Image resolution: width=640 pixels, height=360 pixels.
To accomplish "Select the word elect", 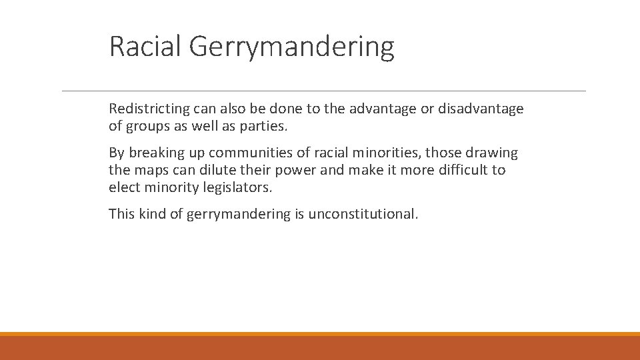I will point(124,187).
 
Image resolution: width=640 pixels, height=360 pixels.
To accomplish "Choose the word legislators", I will point(237,187).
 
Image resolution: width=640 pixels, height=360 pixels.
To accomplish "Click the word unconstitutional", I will point(363,214).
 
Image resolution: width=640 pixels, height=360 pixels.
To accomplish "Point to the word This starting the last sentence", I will point(122,214).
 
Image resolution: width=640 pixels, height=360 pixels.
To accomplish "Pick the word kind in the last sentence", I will point(152,214).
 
